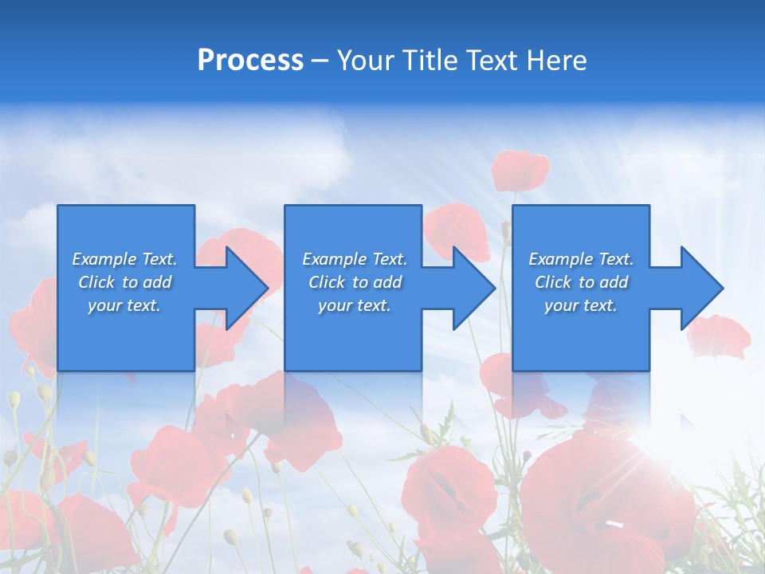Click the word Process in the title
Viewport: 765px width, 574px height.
[x=250, y=61]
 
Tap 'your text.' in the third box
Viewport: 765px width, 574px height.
[x=581, y=305]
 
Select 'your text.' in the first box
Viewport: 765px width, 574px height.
[x=124, y=305]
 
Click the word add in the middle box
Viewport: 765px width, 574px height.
[x=387, y=282]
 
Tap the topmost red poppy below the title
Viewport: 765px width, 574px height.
[x=520, y=170]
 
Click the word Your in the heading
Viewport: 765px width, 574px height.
[x=365, y=61]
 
